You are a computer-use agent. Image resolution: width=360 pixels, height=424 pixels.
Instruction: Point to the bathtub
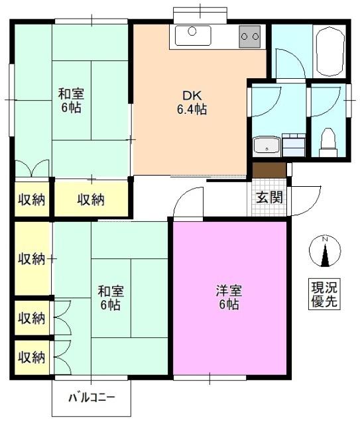coord(328,51)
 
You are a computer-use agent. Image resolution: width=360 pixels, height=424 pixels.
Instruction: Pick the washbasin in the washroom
coord(266,145)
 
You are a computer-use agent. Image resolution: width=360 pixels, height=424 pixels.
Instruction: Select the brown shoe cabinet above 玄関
coord(269,170)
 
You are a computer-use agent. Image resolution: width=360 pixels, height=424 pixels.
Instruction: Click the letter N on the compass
coord(325,240)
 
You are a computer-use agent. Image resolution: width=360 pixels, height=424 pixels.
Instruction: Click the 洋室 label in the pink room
coord(229,290)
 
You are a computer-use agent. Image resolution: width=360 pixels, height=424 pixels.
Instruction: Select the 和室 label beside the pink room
coord(110,290)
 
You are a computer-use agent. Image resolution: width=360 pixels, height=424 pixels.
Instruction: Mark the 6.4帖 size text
coord(191,109)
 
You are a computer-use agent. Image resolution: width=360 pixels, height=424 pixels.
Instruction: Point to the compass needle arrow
coord(325,254)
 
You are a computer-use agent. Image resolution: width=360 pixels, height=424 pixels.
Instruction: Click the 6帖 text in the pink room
coord(229,305)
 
